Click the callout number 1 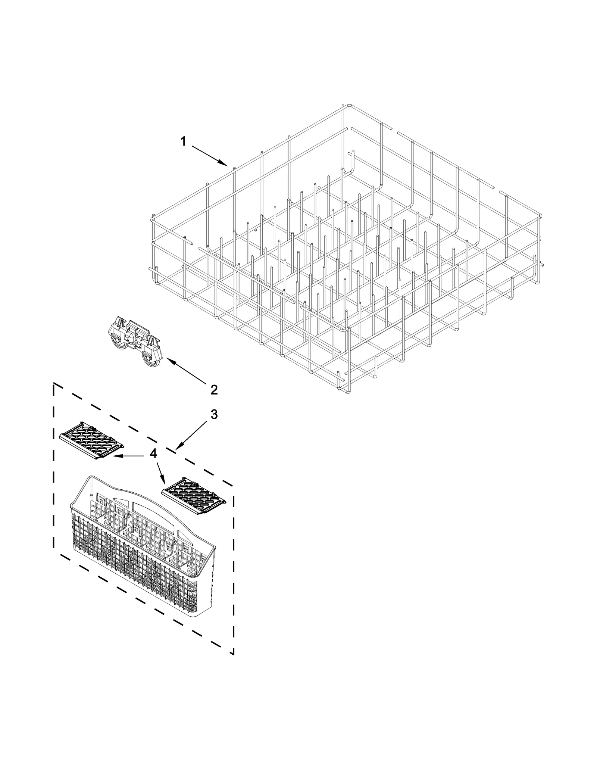point(183,141)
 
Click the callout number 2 point(214,390)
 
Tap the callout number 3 point(214,414)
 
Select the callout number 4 point(153,453)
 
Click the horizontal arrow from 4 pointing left point(127,456)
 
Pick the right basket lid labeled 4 point(194,496)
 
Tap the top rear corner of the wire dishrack point(348,106)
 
